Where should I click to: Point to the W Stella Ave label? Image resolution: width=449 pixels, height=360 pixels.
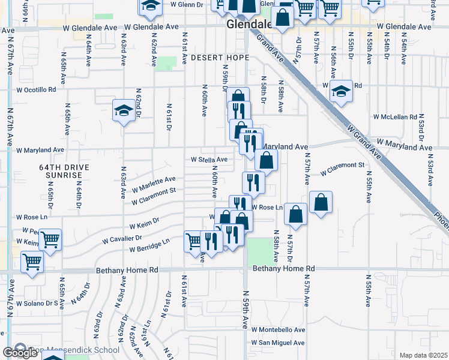209,160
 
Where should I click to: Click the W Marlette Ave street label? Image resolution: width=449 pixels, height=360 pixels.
154,182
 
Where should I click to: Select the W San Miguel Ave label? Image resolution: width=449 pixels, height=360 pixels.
278,343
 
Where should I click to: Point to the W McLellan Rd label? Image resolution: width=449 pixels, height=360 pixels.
394,117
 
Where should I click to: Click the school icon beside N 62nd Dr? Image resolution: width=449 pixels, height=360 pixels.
124,110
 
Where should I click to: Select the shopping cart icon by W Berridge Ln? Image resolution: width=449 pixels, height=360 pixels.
194,242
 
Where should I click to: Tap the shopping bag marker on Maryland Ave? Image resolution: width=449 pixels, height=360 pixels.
266,160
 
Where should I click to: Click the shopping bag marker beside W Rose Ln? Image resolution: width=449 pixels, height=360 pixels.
296,214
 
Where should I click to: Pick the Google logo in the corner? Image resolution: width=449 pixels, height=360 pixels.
20,353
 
